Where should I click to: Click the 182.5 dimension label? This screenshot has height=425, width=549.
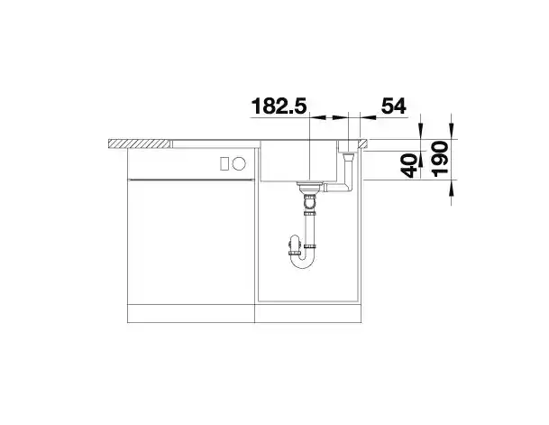279,106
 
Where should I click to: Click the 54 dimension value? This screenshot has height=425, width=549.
394,106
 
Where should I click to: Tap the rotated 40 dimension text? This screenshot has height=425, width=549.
409,166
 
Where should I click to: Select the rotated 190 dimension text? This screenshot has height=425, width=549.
440,159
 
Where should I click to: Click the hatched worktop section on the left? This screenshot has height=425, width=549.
139,143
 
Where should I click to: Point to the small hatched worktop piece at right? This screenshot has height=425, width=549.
362,143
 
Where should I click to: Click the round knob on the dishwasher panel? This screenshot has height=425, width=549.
239,163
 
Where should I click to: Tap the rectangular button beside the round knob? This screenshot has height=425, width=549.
224,163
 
